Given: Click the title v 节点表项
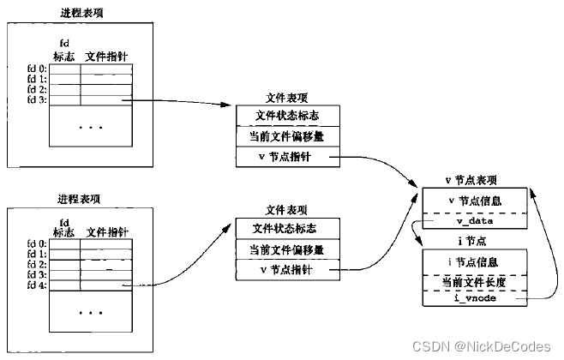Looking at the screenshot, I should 471,180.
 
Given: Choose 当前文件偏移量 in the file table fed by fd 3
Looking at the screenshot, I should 287,136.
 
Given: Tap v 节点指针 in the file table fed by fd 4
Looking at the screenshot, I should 287,271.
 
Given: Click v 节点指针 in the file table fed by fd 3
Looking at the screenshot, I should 287,157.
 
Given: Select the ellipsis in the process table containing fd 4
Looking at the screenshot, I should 91,313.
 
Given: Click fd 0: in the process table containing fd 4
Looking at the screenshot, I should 38,244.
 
